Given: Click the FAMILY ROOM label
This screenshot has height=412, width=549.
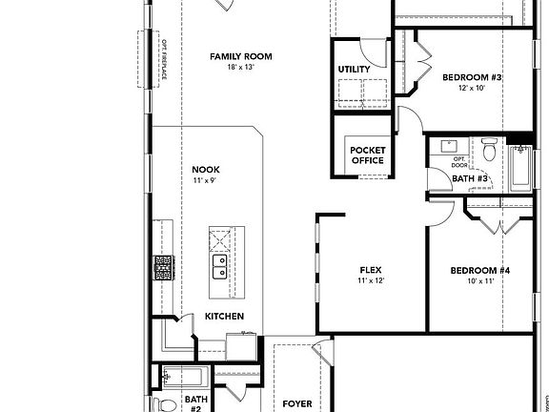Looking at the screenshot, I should (240, 56).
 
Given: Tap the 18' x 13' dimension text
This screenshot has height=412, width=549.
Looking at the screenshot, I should (240, 68).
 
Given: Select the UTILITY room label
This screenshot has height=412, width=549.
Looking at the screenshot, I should (354, 70).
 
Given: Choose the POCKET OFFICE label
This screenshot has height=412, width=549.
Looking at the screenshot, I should (367, 155).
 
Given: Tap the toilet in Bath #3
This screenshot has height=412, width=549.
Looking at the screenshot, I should (489, 150).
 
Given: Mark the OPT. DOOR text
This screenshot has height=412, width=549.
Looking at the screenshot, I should (459, 162).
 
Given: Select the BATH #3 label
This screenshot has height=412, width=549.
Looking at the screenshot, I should (470, 178).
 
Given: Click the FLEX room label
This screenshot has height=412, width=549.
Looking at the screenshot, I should (370, 270).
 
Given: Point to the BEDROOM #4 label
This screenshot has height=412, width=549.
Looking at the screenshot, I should (480, 271).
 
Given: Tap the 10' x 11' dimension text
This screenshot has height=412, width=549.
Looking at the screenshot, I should (480, 282).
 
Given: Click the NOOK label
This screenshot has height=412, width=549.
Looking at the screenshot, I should (206, 169).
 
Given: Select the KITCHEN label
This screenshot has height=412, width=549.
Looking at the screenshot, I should (224, 317).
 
